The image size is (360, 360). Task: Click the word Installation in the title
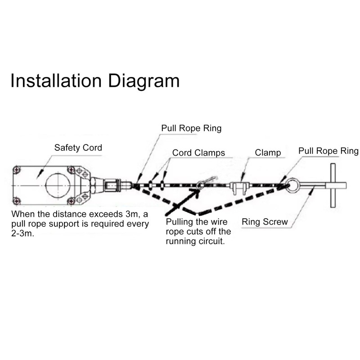pos(56,81)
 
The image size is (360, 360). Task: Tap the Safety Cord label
pos(78,148)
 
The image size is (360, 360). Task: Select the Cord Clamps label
pos(198,153)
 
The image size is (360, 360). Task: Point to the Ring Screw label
pos(265,222)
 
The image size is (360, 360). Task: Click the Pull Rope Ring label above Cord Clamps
pos(191,128)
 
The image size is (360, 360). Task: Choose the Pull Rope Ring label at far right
pos(328,151)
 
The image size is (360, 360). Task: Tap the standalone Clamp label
pos(268,153)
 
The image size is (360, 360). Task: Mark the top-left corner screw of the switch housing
pos(17,170)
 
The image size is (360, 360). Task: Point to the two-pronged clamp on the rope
pos(239,186)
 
